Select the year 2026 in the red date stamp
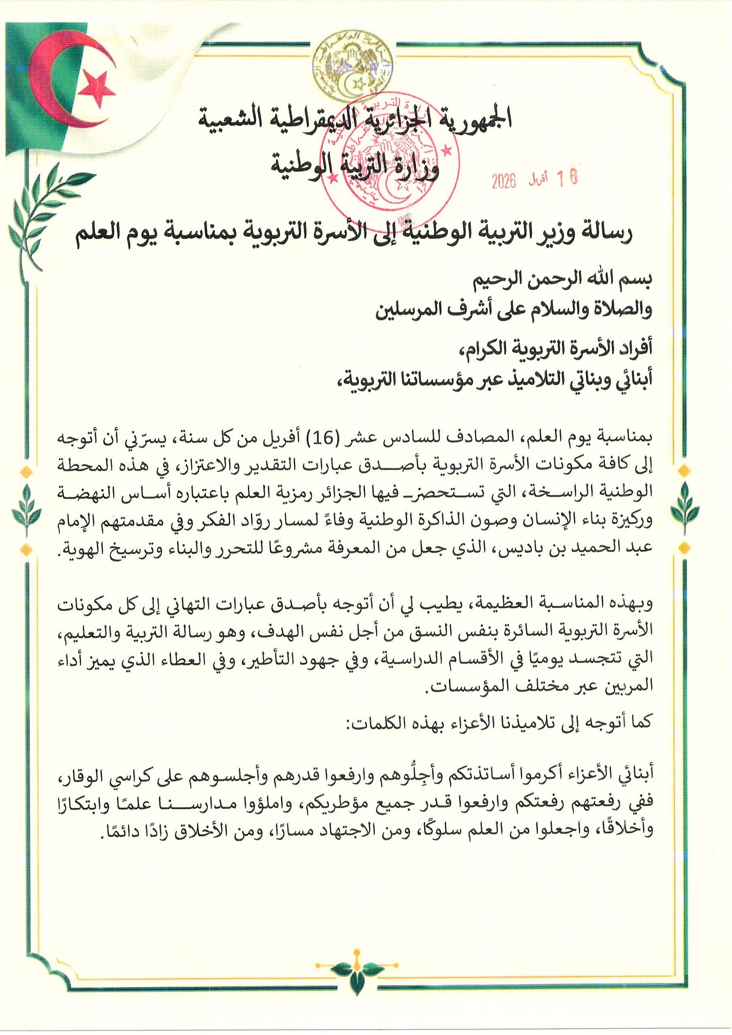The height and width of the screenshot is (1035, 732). tap(504, 181)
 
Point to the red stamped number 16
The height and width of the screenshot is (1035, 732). tap(567, 179)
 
